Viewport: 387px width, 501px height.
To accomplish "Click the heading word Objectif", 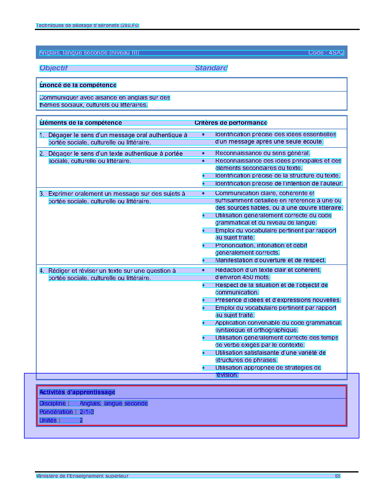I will click(x=53, y=68).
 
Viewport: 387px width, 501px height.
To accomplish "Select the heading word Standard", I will click(x=211, y=68).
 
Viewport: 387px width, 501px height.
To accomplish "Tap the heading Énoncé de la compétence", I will click(x=78, y=85).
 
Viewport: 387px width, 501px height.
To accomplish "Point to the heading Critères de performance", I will click(x=231, y=123).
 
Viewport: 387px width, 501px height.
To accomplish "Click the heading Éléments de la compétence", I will click(x=81, y=123).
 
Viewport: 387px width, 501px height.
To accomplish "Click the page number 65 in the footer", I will click(x=338, y=476).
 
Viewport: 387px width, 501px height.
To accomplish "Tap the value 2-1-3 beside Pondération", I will click(x=87, y=412).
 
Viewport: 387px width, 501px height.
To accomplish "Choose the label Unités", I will click(x=48, y=420).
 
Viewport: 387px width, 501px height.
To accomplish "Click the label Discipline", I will click(x=53, y=403).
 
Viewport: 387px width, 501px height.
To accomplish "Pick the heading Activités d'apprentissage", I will click(x=77, y=392).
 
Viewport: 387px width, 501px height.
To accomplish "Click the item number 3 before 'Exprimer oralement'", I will click(x=42, y=194).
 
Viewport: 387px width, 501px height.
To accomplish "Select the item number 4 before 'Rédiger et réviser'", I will click(x=42, y=271).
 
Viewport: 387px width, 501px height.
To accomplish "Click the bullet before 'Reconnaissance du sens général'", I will click(x=203, y=153).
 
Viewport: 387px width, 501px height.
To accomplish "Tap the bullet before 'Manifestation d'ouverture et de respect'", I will click(x=203, y=260).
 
